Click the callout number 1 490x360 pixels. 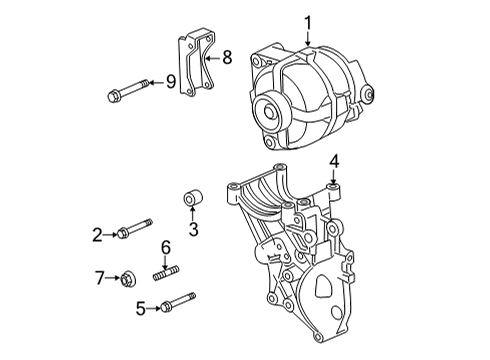pos(309,20)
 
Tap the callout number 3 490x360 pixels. pos(194,229)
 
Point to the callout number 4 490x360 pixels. pos(334,159)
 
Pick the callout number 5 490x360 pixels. pos(142,309)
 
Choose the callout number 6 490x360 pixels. pos(166,247)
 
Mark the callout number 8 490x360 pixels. pos(227,58)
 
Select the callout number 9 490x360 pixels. pos(171,81)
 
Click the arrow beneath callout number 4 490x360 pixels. pos(334,177)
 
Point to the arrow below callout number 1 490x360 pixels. pos(309,38)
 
